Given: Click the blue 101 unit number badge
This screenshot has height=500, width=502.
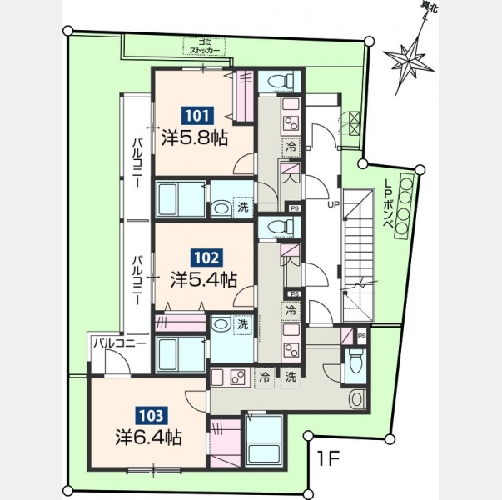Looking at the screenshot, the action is [198, 116].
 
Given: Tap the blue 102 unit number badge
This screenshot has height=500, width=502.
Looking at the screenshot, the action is [206, 257].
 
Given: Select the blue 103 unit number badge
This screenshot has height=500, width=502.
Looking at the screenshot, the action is [152, 416].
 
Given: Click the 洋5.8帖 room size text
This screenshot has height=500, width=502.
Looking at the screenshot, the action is [195, 139].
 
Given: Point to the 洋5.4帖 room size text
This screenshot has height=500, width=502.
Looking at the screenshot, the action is [204, 280].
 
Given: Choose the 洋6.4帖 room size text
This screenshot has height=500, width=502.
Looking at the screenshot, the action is [149, 437].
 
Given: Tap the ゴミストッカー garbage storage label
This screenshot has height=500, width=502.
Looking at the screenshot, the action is [204, 47].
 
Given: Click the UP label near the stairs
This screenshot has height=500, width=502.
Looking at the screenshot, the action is [333, 204].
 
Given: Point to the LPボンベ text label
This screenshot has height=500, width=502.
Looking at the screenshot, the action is [389, 204].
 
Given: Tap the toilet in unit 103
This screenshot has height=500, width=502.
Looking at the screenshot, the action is [355, 364].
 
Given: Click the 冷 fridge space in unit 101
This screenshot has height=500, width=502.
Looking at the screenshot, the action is [291, 147].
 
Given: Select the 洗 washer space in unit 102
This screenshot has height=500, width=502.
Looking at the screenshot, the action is [243, 325].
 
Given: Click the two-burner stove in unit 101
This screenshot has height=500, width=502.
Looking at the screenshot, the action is [291, 123].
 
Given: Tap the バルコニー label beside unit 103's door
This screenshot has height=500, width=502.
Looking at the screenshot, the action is [120, 343].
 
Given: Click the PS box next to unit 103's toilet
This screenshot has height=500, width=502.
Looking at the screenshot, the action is [362, 336].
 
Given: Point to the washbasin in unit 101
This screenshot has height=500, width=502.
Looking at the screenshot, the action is [221, 208].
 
